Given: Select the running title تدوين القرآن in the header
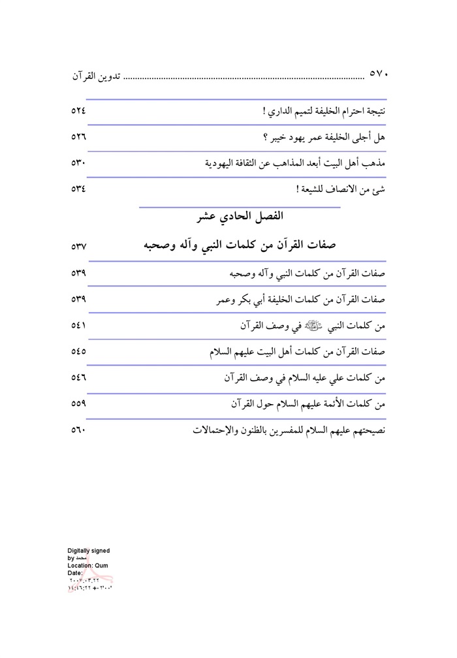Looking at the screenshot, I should click(x=96, y=75).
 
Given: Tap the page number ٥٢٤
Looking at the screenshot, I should click(x=78, y=112).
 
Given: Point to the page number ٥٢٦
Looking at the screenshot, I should click(x=78, y=138).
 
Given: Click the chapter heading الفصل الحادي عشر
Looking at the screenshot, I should click(x=241, y=215).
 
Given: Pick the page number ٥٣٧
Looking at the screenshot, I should click(x=78, y=247).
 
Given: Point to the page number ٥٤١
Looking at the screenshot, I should click(x=78, y=326).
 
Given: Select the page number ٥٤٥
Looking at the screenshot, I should click(x=78, y=352).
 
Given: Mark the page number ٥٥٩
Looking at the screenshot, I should click(x=78, y=404).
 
